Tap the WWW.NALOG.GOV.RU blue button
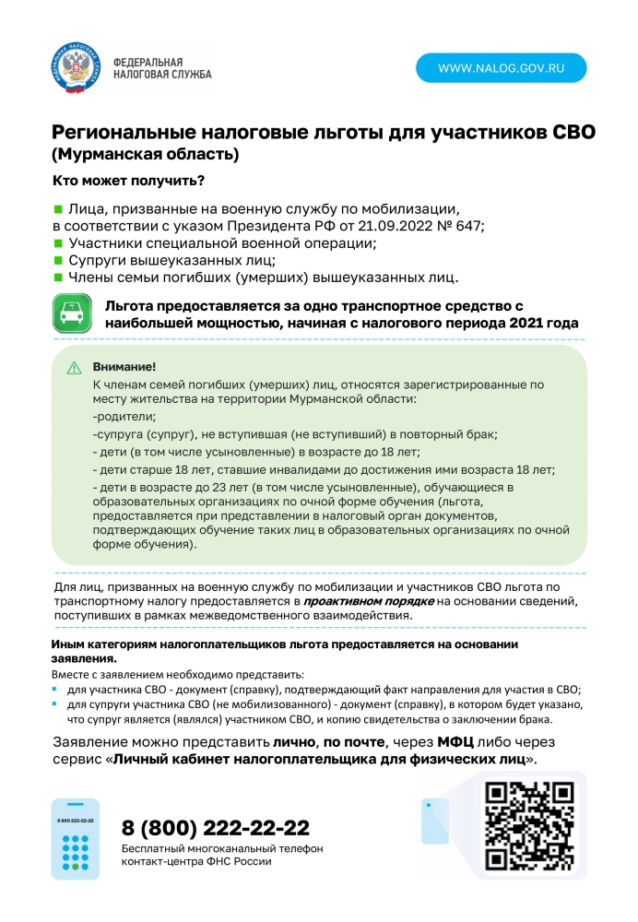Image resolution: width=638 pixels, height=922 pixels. (x=501, y=68)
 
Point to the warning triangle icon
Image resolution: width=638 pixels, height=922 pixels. (x=74, y=368)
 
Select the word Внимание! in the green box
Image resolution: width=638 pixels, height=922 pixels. (x=118, y=367)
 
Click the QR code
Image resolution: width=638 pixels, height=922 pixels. (x=529, y=825)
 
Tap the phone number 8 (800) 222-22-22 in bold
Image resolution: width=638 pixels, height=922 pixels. (x=216, y=827)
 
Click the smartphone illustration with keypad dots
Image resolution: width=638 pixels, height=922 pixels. (x=75, y=839)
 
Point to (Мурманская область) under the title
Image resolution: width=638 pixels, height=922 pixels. (x=145, y=153)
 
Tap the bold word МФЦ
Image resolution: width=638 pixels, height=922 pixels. (x=459, y=742)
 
